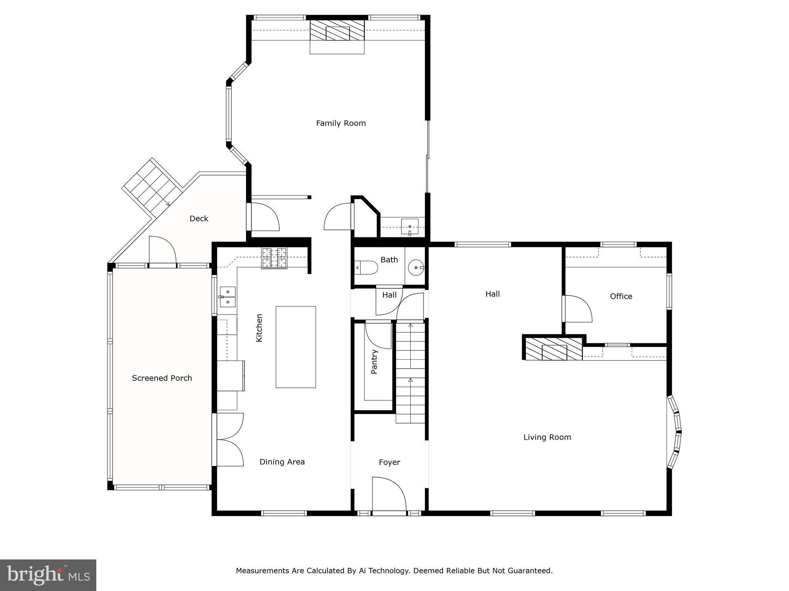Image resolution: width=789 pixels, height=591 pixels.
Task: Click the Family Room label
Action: pyautogui.click(x=341, y=123)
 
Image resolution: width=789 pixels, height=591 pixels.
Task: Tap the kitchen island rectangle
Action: pyautogui.click(x=295, y=347)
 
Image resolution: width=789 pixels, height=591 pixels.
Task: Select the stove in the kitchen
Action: pyautogui.click(x=274, y=258)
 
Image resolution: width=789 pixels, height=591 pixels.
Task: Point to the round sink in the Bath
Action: pyautogui.click(x=416, y=267)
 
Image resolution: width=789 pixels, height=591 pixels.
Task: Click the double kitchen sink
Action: pyautogui.click(x=228, y=297)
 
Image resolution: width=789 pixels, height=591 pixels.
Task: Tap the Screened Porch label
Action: pyautogui.click(x=162, y=378)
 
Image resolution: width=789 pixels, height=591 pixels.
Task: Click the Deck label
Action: pyautogui.click(x=199, y=219)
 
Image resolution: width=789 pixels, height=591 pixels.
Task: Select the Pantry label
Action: pyautogui.click(x=374, y=362)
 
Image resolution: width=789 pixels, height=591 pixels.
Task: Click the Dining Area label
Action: pyautogui.click(x=282, y=462)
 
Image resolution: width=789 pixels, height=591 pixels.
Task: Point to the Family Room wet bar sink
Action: pyautogui.click(x=410, y=226)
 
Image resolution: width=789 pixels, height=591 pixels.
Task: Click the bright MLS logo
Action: pyautogui.click(x=48, y=575)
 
